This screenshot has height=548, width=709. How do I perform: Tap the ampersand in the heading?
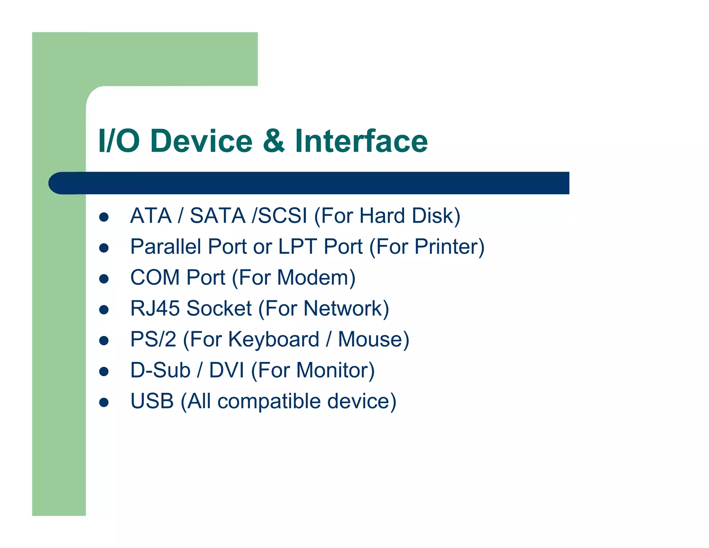click(x=274, y=141)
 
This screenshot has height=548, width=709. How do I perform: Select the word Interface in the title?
click(x=361, y=141)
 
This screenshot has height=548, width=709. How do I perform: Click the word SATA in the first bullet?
click(x=218, y=216)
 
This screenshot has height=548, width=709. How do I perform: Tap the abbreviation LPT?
click(x=297, y=247)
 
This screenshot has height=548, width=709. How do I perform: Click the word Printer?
click(x=446, y=247)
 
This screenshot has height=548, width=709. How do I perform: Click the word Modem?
click(x=314, y=277)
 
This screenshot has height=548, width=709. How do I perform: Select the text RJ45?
click(x=155, y=308)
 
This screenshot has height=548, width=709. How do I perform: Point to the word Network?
click(x=343, y=308)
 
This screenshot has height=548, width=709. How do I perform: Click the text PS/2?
click(x=153, y=339)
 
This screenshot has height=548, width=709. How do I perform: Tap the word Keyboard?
click(x=273, y=339)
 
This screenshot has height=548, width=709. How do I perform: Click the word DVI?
click(x=226, y=370)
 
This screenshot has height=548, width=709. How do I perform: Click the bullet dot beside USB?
click(x=104, y=402)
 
